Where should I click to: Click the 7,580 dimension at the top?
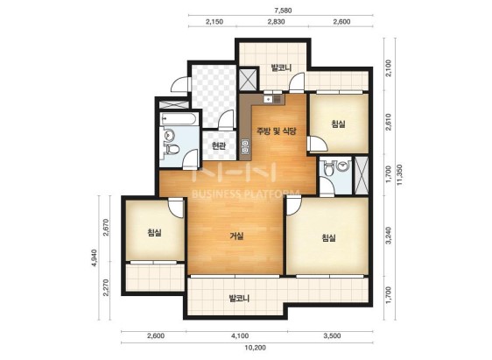point(283,11)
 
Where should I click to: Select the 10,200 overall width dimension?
point(255,348)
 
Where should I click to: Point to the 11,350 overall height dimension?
point(400,175)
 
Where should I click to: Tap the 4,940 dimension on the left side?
point(94,258)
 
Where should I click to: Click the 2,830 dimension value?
point(276,22)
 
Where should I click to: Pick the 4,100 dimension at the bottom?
point(240,336)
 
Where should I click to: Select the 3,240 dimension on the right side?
point(389,235)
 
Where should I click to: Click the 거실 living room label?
point(236,236)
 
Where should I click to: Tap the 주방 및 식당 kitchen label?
point(277,131)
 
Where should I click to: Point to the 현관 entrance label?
point(218,146)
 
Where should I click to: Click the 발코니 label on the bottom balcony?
point(239,298)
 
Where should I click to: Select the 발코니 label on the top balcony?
point(282,67)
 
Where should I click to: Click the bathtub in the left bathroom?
point(179,118)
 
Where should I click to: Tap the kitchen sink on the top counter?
point(268,99)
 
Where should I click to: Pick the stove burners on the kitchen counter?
point(245,147)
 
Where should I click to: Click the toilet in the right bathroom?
point(329,168)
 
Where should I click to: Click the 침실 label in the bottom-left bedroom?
point(154,233)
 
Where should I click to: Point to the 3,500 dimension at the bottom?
point(332,336)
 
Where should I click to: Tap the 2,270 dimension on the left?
point(106,287)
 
